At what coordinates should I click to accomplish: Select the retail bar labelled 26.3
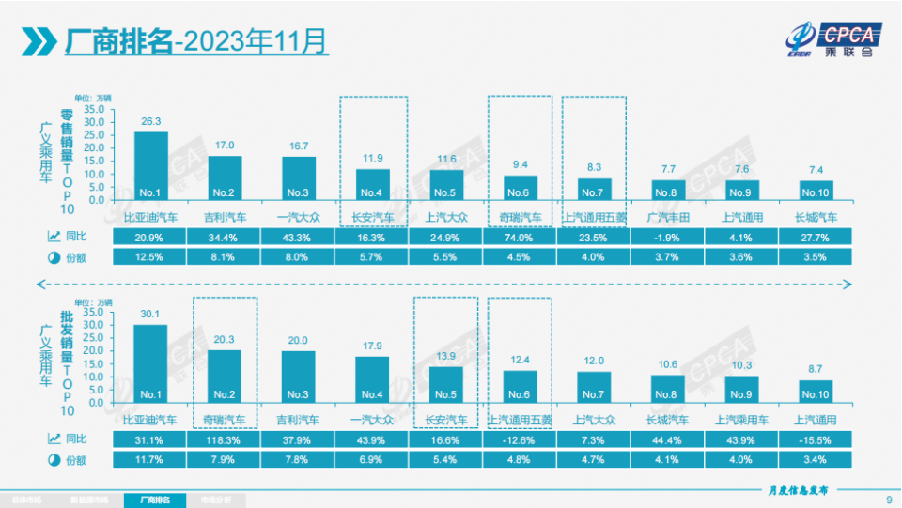(151, 165)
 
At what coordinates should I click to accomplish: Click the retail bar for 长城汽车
(816, 190)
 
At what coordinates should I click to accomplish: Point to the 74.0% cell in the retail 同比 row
(521, 239)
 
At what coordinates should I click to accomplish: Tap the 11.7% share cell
(150, 459)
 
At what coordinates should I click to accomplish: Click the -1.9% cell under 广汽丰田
(668, 239)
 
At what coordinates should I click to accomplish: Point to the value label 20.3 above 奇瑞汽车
(225, 342)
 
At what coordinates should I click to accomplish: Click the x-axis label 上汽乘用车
(741, 420)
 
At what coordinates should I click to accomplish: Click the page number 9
(889, 499)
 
